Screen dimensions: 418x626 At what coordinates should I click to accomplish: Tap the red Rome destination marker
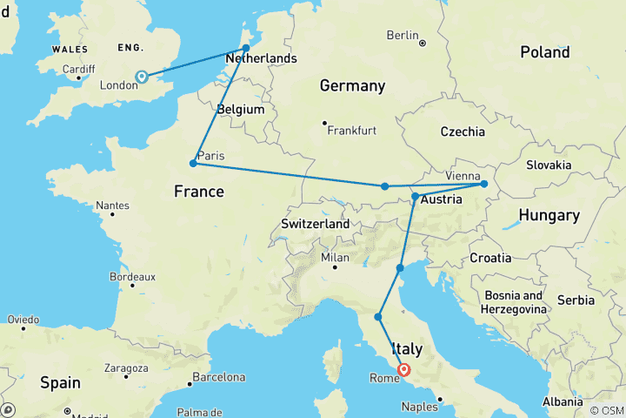(x=404, y=370)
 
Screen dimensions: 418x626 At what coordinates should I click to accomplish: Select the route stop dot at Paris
(x=193, y=163)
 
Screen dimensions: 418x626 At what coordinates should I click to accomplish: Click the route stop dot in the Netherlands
(x=246, y=48)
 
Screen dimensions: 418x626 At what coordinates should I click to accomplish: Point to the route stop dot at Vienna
(x=484, y=184)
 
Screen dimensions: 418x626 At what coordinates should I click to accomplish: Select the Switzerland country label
(x=315, y=224)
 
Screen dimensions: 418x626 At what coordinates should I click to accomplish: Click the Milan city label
(x=335, y=257)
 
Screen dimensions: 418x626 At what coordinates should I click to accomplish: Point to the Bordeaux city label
(x=132, y=276)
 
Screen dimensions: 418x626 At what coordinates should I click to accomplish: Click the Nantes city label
(x=113, y=206)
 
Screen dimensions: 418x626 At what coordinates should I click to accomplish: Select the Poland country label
(x=545, y=53)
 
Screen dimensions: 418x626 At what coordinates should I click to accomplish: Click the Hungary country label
(x=549, y=215)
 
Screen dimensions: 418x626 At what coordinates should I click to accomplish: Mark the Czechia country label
(x=462, y=131)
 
